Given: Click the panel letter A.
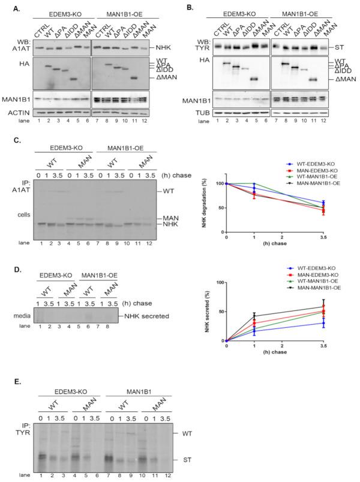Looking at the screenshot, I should click(7, 7).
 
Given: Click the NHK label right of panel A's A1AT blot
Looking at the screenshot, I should click(162, 46).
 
